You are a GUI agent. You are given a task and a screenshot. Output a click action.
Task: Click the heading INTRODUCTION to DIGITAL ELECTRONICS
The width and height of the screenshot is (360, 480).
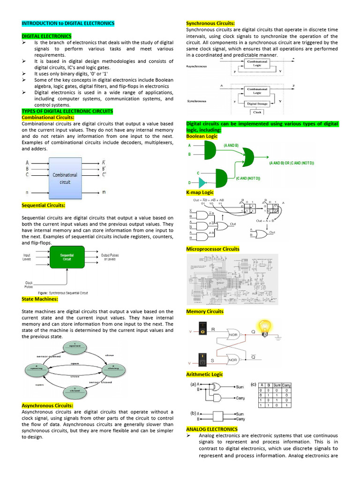click(x=68, y=23)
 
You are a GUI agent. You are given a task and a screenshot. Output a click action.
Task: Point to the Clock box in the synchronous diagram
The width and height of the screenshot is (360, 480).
click(x=257, y=112)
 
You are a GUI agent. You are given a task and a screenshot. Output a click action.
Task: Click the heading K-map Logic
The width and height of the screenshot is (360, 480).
click(x=200, y=193)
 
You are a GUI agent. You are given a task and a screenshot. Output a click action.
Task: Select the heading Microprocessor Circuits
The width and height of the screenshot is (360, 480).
click(x=213, y=249)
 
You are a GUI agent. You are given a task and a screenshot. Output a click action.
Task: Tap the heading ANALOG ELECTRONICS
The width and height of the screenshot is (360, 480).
click(x=212, y=429)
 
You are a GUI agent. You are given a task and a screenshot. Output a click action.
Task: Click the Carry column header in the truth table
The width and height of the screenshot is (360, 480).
click(x=286, y=385)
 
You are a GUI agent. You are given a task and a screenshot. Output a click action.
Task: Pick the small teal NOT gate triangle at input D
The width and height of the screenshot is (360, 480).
click(x=202, y=182)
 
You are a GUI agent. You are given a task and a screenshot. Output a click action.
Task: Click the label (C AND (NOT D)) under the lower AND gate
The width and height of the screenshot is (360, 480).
click(x=248, y=178)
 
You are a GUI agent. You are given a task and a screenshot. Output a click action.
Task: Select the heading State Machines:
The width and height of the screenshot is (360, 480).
click(x=40, y=299)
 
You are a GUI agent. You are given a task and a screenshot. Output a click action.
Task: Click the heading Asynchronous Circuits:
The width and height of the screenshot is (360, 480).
click(x=47, y=405)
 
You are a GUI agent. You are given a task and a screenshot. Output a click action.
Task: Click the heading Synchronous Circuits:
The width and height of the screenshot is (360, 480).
click(x=210, y=23)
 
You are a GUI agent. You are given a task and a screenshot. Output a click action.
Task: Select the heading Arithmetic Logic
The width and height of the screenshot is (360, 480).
click(x=204, y=375)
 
